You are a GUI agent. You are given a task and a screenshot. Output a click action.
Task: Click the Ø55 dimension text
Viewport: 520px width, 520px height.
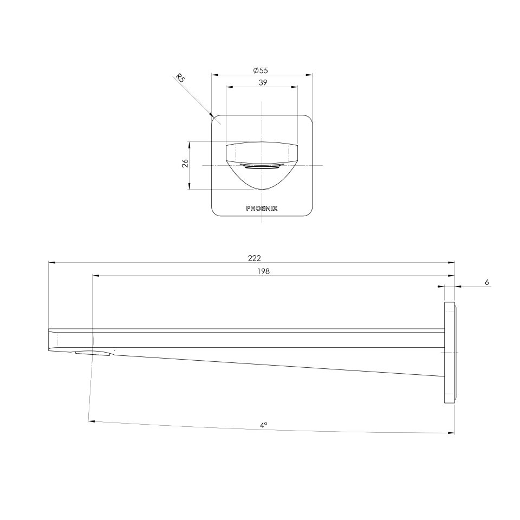click(x=261, y=70)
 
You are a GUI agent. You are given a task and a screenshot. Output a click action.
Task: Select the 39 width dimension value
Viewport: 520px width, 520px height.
click(x=262, y=82)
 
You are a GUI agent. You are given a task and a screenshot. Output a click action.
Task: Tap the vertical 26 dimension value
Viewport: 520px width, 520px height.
click(x=185, y=164)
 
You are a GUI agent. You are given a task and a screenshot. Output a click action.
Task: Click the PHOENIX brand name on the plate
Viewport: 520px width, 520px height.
click(x=262, y=208)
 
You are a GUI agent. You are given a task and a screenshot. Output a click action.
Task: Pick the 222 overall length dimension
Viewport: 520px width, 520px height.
click(x=251, y=258)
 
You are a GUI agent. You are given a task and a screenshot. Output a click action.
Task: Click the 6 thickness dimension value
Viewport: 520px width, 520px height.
click(x=487, y=282)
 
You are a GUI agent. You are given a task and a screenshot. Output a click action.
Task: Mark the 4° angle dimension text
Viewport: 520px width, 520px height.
click(x=263, y=426)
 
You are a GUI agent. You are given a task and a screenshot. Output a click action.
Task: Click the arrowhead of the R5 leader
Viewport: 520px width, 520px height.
click(x=212, y=114)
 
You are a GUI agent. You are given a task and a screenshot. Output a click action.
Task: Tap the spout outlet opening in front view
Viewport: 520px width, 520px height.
click(x=262, y=167)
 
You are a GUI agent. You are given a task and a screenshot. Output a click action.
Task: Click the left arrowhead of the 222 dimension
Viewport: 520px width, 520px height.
click(x=51, y=263)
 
